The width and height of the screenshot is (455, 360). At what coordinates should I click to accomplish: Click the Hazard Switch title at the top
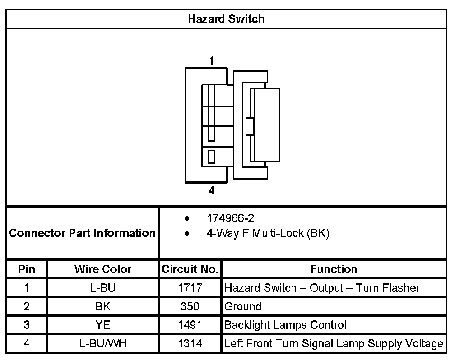pos(226,19)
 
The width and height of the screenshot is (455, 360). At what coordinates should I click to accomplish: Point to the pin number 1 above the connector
pos(212,60)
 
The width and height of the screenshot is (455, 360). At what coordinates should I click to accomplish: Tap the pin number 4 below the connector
pos(212,191)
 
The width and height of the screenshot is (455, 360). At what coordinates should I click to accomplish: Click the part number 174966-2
pos(230,218)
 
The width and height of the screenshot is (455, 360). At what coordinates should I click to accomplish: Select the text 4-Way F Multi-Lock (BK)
pos(268,233)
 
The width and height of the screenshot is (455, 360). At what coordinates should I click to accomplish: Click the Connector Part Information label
pos(82,233)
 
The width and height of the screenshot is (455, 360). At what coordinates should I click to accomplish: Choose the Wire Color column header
pos(103,269)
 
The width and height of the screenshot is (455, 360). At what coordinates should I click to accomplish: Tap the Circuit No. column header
pos(190,269)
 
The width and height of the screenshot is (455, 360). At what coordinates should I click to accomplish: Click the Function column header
pos(334,269)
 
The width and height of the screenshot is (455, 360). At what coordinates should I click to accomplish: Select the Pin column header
pos(27,269)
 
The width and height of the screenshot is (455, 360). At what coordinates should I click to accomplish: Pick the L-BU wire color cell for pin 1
pos(103,288)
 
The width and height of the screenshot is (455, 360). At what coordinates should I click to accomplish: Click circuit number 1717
pos(190,288)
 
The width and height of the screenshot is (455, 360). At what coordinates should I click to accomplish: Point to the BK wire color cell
pos(103,307)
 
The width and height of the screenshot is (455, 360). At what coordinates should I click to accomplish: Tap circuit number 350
pos(190,307)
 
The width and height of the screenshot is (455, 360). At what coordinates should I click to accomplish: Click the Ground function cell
pos(243,307)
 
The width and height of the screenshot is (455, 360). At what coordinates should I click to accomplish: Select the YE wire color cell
pos(103,325)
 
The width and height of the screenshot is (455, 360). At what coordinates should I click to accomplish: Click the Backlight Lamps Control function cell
pos(285,325)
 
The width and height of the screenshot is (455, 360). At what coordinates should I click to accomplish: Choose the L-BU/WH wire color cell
pos(103,344)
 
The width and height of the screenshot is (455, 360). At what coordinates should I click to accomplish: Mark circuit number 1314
pos(190,344)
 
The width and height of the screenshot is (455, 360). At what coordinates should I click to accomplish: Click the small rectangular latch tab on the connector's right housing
pos(249,126)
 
